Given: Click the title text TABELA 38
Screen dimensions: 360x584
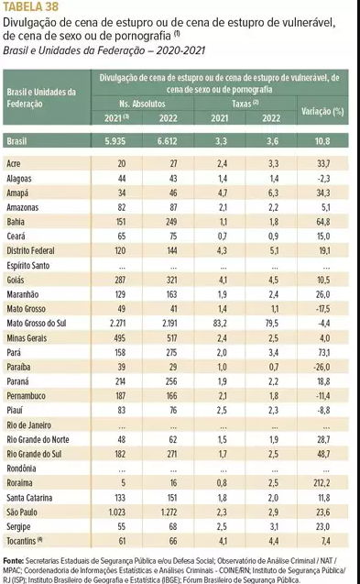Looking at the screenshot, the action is coord(30,6).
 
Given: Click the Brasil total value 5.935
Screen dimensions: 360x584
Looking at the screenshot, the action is coord(115,141).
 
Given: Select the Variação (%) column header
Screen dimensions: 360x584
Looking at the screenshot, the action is coord(322,111).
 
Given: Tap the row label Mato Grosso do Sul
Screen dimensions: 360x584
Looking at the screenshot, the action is coord(37,323).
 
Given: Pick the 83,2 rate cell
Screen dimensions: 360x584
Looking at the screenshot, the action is coord(220,323).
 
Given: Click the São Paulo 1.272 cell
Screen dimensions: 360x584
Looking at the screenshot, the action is coord(169,512).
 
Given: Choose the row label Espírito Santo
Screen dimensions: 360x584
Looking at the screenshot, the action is coord(27,265).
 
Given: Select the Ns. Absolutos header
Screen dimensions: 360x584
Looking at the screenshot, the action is coord(142,104).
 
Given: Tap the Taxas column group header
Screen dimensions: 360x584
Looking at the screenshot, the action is coord(245,104).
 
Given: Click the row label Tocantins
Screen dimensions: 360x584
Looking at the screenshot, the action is coord(21,541).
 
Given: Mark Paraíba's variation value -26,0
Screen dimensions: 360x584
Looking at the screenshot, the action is coord(322,367).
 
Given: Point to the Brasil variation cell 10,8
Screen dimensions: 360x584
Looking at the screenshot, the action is coord(322,141).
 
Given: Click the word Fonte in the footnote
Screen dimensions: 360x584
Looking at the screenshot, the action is coord(13,560).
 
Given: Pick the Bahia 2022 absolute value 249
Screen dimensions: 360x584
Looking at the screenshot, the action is coord(171,222).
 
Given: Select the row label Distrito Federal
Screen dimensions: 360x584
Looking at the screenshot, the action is coord(30,250).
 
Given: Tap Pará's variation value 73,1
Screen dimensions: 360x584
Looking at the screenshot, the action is coord(323,352).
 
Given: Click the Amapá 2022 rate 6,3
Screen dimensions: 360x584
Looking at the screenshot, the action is coord(273,193).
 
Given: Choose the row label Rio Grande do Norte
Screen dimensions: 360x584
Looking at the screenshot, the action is coord(38,439).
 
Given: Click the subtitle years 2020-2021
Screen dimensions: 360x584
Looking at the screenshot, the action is coord(180,50).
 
